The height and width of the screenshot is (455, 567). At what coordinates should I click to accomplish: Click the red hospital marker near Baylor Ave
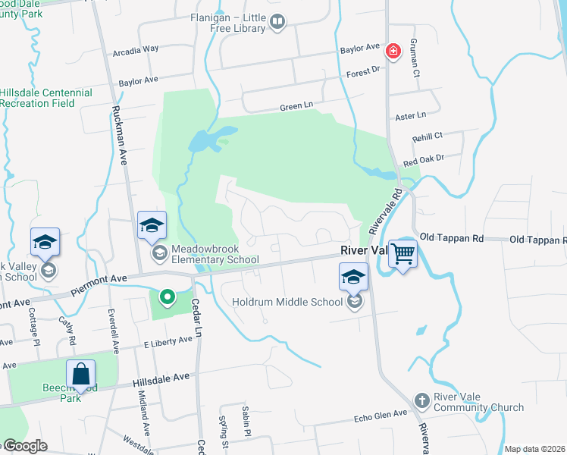[x=393, y=52]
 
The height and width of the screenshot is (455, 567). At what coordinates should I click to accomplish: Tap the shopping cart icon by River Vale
[x=403, y=253]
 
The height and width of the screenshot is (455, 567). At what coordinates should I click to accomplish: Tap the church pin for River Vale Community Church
[x=423, y=400]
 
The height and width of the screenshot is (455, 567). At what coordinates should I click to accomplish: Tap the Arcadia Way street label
[x=135, y=49]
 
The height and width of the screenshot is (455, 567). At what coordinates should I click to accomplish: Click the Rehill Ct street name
[x=427, y=135]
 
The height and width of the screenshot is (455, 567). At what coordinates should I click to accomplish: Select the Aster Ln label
[x=411, y=115]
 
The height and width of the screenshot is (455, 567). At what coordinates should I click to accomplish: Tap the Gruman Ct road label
[x=414, y=58]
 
